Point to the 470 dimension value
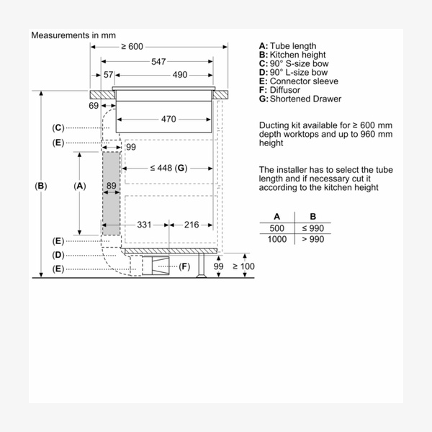(168, 119)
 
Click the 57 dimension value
(109, 75)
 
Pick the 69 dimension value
(94, 107)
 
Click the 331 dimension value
(145, 225)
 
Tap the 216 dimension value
(191, 225)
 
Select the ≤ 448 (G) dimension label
(168, 168)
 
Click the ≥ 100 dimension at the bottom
(244, 267)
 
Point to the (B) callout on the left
(41, 186)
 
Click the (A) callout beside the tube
(80, 186)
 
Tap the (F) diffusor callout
(184, 267)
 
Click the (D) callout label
(58, 255)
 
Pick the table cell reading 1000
(277, 239)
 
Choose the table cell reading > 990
(312, 239)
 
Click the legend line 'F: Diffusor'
(284, 90)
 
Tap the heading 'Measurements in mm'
(73, 35)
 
